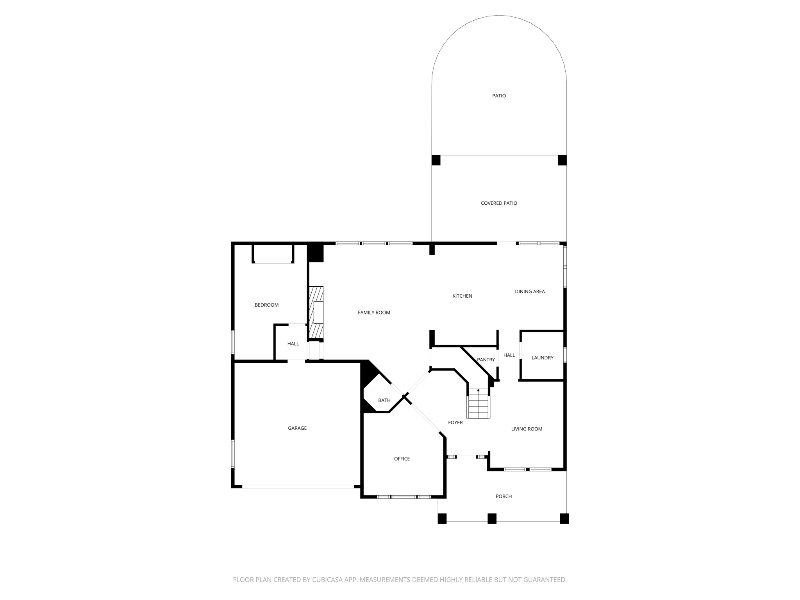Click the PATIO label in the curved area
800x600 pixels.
[499, 96]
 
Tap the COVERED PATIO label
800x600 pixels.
[499, 203]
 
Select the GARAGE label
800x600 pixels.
[297, 428]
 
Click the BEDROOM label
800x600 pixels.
[266, 305]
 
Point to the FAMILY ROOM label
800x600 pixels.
[374, 312]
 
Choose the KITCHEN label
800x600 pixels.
[462, 296]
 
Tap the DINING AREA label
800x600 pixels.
[530, 291]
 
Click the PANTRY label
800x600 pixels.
[486, 360]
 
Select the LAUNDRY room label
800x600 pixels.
[542, 358]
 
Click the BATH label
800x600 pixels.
[384, 400]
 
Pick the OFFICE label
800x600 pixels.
[402, 459]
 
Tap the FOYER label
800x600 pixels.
[455, 423]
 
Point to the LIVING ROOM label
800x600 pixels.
[527, 429]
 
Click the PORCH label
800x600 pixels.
[504, 496]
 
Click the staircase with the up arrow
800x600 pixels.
[479, 404]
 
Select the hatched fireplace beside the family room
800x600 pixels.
[316, 312]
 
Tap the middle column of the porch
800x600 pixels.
[492, 518]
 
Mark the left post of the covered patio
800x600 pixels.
[436, 160]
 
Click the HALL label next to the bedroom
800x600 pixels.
[293, 344]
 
